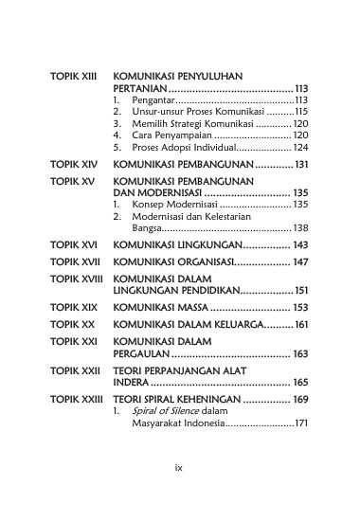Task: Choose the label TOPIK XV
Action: (70, 180)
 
